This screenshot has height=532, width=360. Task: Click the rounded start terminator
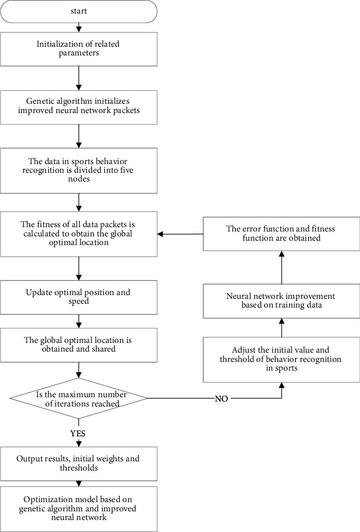[x=79, y=11]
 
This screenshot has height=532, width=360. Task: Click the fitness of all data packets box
[x=79, y=234]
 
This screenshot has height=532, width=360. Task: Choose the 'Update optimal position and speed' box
[x=79, y=297]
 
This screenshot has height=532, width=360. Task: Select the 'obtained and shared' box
[x=79, y=344]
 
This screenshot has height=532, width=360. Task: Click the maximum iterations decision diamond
[x=79, y=399]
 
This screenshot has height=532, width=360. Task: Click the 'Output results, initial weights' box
[x=79, y=463]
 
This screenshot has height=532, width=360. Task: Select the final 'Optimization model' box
[x=79, y=509]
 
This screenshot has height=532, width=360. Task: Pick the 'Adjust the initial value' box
[x=281, y=359]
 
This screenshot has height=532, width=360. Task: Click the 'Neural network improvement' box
[x=281, y=301]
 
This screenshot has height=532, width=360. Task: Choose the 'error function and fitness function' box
[x=281, y=234]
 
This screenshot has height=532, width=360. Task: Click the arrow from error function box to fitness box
[x=179, y=234]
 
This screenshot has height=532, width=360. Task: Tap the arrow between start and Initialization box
[x=79, y=28]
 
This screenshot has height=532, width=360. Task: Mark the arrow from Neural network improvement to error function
[x=282, y=268]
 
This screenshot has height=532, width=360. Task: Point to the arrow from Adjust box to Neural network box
[x=282, y=328]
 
